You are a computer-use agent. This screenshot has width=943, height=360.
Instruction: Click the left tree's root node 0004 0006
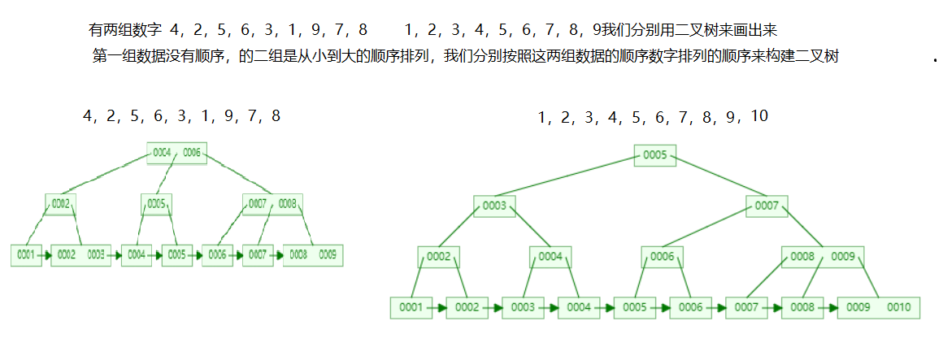pyautogui.click(x=176, y=153)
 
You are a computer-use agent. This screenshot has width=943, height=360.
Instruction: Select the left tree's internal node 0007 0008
pyautogui.click(x=272, y=203)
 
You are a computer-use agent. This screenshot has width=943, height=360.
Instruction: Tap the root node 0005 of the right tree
pyautogui.click(x=654, y=154)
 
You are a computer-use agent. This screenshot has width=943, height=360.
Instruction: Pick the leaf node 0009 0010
pyautogui.click(x=878, y=308)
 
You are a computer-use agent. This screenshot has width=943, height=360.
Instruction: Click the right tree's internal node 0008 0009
pyautogui.click(x=823, y=257)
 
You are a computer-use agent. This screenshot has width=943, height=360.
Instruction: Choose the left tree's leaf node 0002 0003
pyautogui.click(x=80, y=255)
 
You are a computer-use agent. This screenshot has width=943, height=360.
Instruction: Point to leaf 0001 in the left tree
pyautogui.click(x=26, y=255)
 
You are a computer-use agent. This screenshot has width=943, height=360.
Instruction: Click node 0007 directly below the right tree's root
pyautogui.click(x=767, y=206)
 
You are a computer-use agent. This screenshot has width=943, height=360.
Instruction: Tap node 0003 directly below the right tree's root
pyautogui.click(x=494, y=206)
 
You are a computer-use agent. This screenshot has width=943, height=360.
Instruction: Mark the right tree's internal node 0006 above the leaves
pyautogui.click(x=661, y=257)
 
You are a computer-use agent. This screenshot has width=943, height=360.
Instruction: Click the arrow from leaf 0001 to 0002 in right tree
pyautogui.click(x=439, y=308)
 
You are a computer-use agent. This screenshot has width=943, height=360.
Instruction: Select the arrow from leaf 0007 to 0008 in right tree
pyautogui.click(x=775, y=308)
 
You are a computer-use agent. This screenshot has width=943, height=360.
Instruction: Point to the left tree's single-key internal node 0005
pyautogui.click(x=156, y=203)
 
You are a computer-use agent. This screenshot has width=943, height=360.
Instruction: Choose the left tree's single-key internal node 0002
pyautogui.click(x=60, y=203)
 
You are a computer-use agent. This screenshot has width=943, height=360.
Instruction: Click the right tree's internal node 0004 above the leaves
pyautogui.click(x=550, y=257)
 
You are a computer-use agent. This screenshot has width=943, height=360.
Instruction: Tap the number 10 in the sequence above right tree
pyautogui.click(x=758, y=116)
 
